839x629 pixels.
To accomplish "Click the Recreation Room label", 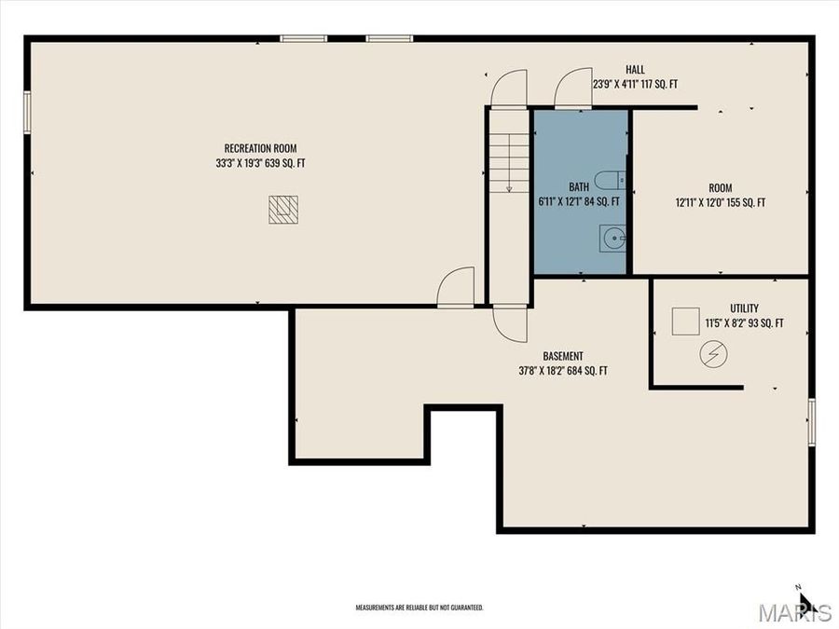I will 260,148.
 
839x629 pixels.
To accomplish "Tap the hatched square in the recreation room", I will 283,210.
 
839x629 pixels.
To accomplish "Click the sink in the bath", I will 613,239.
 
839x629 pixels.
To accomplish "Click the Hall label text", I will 635,70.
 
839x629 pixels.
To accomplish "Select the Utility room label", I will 744,308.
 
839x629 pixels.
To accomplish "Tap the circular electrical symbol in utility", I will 714,353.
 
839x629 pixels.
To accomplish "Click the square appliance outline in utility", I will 686,321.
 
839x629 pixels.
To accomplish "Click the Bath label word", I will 579,186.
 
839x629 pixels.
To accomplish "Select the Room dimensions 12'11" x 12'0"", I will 720,202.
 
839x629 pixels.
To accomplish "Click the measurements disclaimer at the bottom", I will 419,608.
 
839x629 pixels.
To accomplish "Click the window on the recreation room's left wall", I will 27,113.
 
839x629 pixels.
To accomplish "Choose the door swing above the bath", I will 573,89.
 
